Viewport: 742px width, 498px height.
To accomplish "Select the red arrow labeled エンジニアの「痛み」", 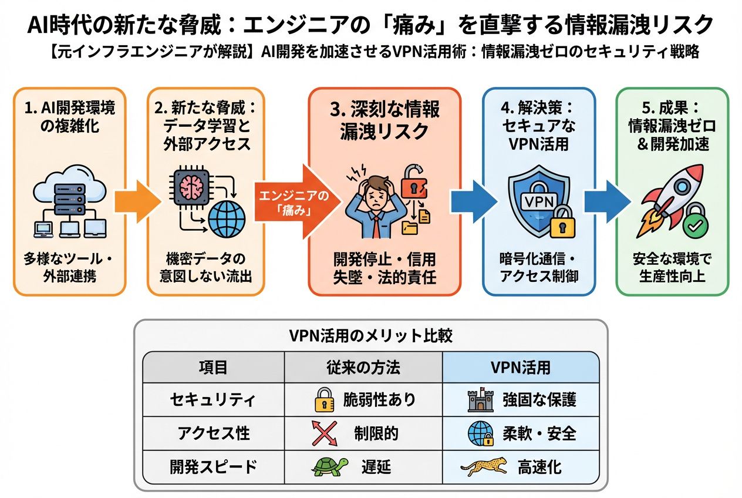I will [296, 201].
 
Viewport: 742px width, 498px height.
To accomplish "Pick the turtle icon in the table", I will [329, 466].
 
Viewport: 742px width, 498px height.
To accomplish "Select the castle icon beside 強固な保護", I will [480, 400].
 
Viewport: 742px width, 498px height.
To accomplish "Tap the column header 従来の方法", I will [363, 368].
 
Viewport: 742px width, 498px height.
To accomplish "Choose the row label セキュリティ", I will [213, 400].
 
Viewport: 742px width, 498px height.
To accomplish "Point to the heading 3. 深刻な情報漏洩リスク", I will [385, 121].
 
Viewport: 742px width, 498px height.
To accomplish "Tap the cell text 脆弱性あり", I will [379, 400].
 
